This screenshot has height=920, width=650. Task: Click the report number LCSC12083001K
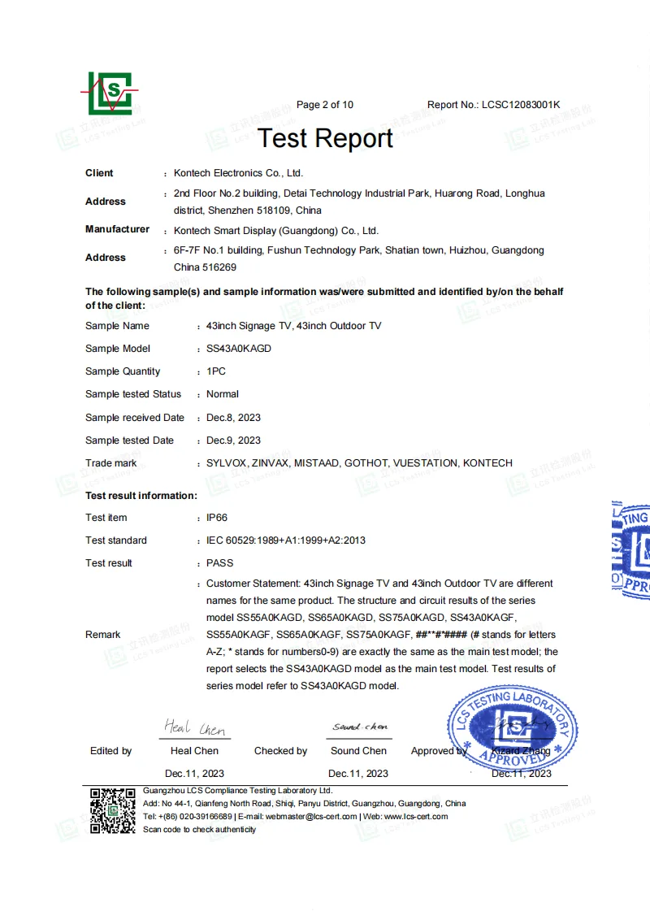521,105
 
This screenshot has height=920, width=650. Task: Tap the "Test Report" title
325,138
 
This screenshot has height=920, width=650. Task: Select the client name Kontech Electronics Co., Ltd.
238,173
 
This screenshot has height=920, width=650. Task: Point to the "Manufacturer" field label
117,229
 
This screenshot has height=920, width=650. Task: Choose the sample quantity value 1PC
216,371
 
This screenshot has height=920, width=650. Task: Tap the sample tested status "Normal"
223,394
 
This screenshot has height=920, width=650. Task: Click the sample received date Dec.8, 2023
234,418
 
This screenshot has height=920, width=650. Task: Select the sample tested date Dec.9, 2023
234,440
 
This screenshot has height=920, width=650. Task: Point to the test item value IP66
217,518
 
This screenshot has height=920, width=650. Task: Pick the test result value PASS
220,563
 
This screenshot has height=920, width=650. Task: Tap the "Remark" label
103,635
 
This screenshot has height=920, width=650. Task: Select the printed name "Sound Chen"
358,751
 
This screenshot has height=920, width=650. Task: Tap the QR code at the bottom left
112,810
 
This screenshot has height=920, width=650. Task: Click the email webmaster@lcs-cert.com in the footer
312,816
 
